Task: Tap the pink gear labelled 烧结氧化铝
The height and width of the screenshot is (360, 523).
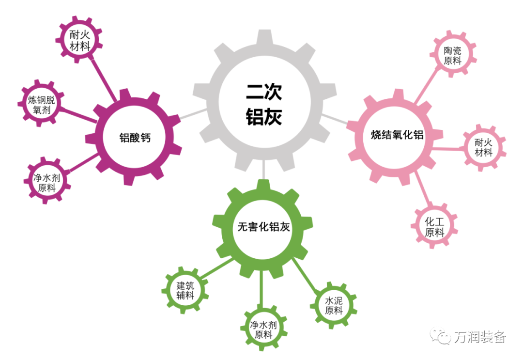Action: point(397,135)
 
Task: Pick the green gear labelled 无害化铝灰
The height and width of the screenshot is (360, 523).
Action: point(263,227)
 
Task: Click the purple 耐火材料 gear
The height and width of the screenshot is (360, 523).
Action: point(80,41)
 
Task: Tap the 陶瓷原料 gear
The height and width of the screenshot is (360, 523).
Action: point(452,55)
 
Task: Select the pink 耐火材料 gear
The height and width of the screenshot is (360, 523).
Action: point(483,147)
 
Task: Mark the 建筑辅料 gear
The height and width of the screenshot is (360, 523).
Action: point(185,290)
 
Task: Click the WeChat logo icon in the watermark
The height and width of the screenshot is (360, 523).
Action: point(441,336)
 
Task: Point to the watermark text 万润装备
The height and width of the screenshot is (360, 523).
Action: point(479,336)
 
